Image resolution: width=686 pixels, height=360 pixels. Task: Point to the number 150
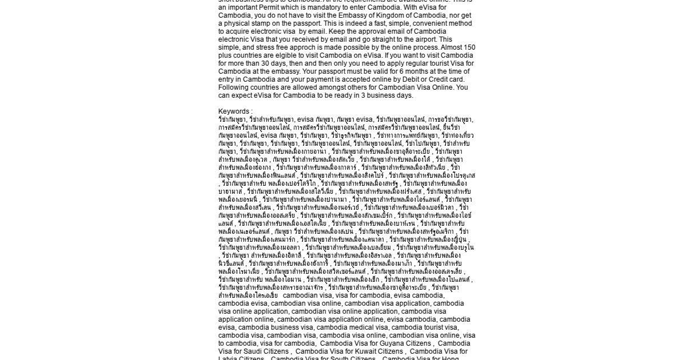click(469, 47)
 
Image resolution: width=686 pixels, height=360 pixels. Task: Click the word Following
click(234, 87)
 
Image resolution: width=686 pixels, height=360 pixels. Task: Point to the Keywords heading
click(234, 111)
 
